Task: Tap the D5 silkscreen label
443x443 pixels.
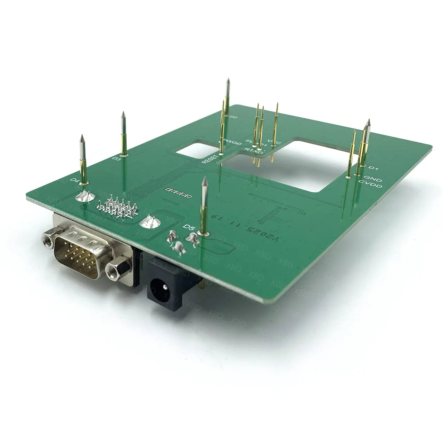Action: tap(189, 227)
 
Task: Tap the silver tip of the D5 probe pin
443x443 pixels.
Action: tap(205, 181)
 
